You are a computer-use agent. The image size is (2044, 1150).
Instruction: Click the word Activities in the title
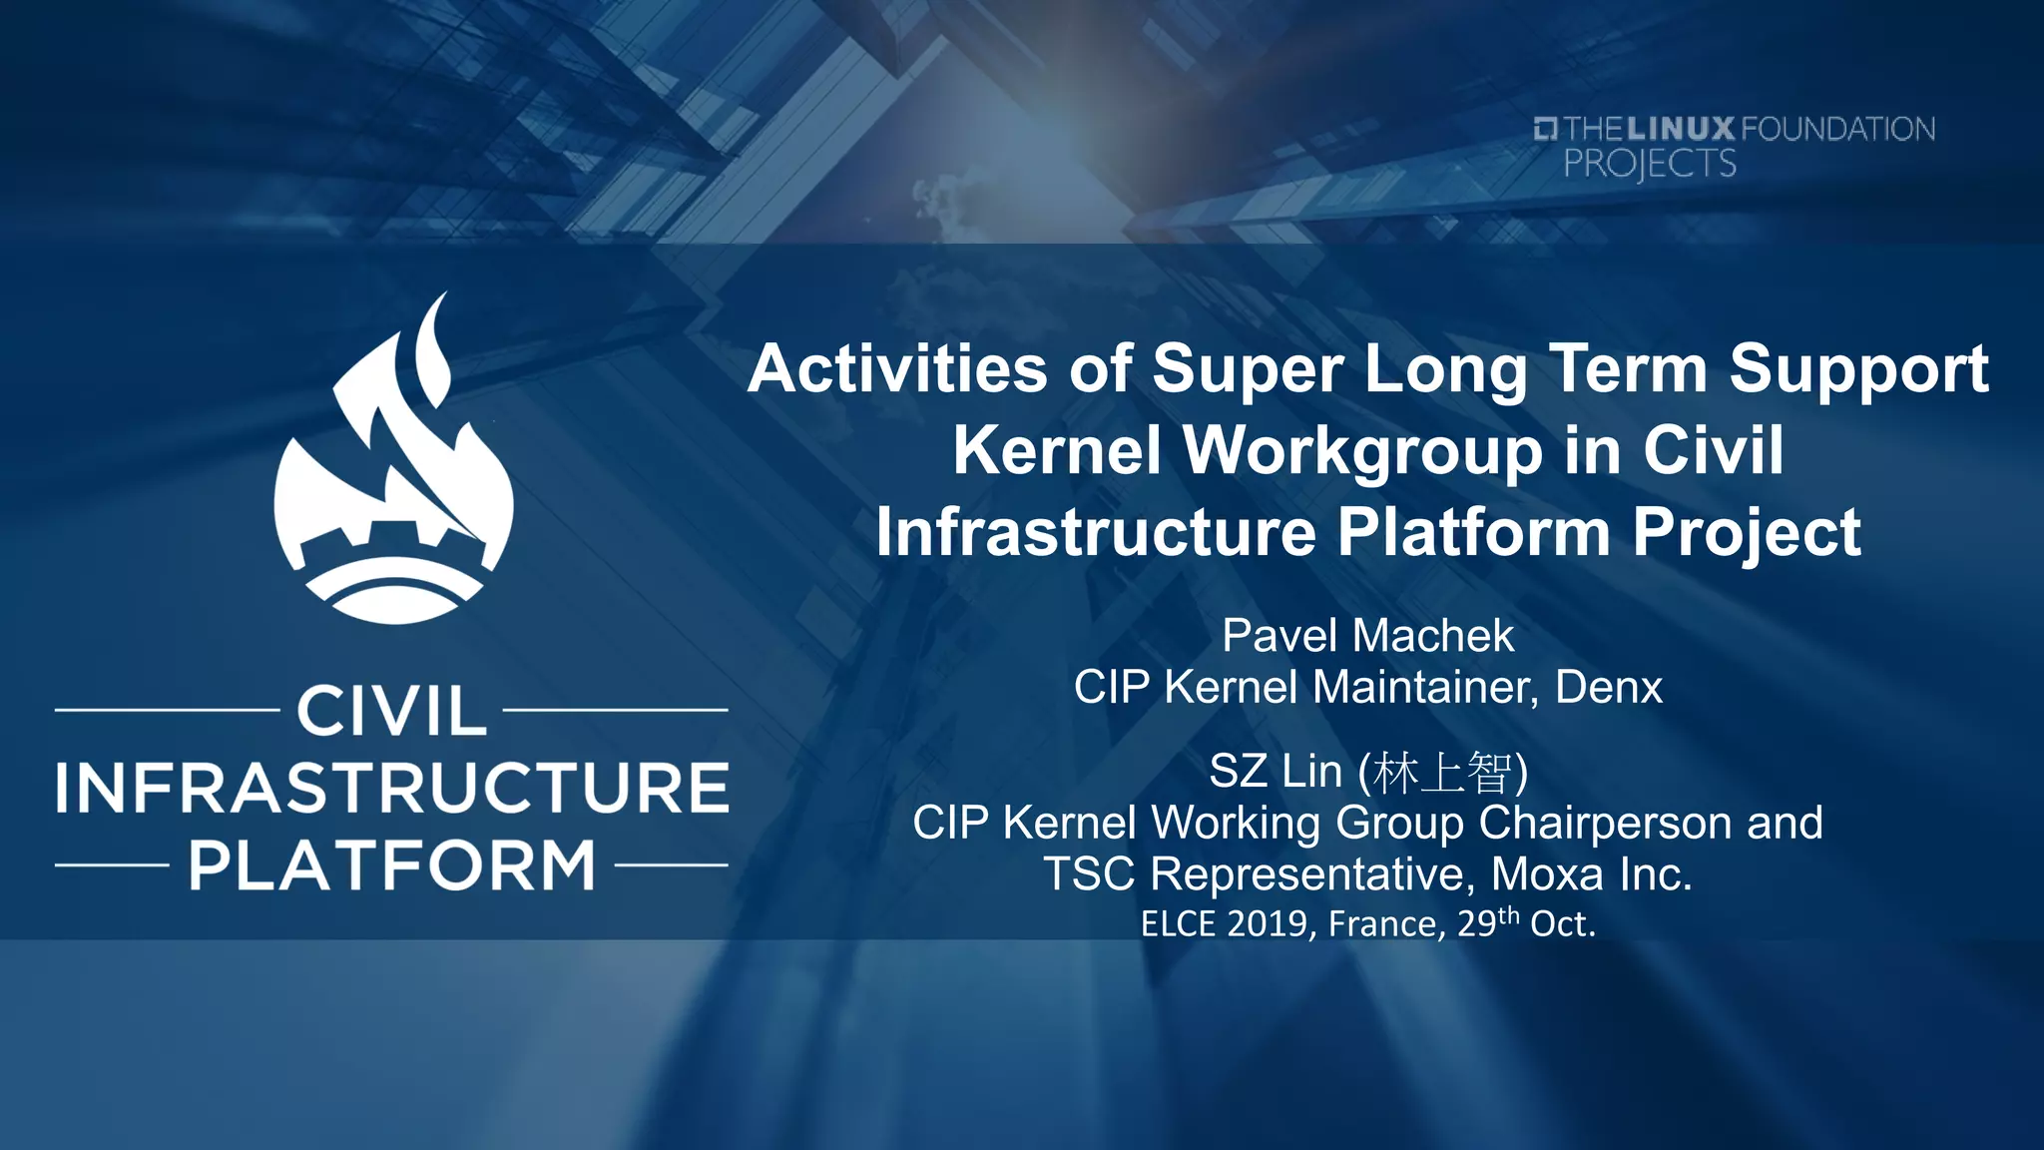pyautogui.click(x=897, y=369)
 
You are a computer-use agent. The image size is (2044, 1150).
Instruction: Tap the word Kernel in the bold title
pyautogui.click(x=1057, y=450)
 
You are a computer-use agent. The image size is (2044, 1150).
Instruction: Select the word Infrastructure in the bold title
pyautogui.click(x=1096, y=532)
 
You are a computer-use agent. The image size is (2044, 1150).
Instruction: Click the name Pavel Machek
pyautogui.click(x=1367, y=636)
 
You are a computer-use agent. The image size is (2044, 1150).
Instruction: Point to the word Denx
pyautogui.click(x=1609, y=688)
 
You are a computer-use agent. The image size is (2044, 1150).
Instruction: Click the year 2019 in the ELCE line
pyautogui.click(x=1267, y=924)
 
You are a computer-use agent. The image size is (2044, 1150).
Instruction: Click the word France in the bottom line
pyautogui.click(x=1385, y=924)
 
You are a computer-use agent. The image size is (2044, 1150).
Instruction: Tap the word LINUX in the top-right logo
pyautogui.click(x=1681, y=129)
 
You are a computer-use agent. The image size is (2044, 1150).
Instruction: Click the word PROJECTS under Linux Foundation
pyautogui.click(x=1649, y=164)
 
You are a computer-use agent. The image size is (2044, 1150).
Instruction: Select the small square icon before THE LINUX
pyautogui.click(x=1545, y=129)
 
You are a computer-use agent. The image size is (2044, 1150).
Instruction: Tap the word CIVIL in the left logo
pyautogui.click(x=391, y=711)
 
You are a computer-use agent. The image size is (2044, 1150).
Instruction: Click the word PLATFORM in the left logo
pyautogui.click(x=391, y=865)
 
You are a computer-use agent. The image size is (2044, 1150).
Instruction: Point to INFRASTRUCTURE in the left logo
pyautogui.click(x=391, y=788)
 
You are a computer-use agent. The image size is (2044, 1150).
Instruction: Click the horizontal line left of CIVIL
pyautogui.click(x=166, y=710)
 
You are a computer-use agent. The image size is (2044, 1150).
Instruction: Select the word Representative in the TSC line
pyautogui.click(x=1308, y=874)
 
